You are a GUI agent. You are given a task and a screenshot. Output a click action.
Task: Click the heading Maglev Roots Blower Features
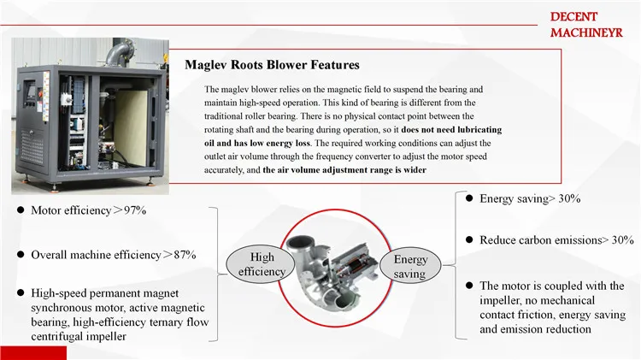point(273,65)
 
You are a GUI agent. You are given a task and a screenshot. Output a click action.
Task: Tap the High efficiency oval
point(262,264)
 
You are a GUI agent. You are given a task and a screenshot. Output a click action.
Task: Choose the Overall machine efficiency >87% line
point(114,255)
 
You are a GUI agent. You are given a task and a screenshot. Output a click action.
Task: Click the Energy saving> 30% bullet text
point(530,198)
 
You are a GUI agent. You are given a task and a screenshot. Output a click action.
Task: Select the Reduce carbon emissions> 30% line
point(556,240)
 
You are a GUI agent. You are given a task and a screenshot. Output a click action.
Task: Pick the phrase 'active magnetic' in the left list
point(167,307)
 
